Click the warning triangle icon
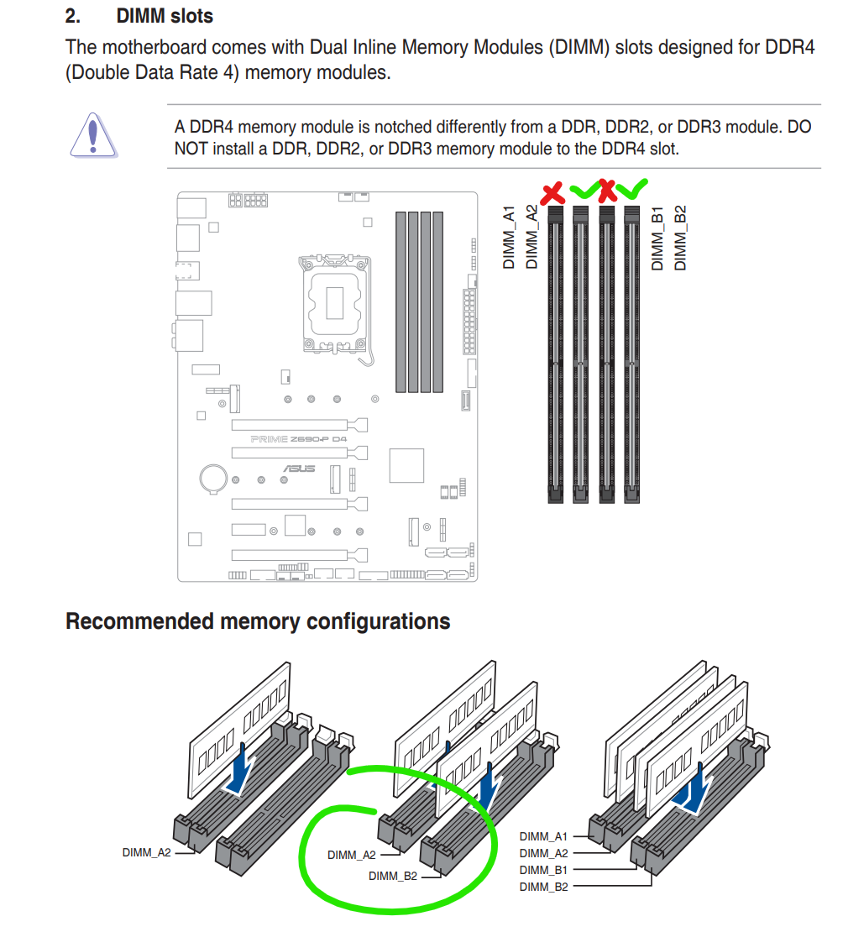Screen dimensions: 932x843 [93, 134]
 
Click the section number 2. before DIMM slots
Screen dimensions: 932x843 [74, 16]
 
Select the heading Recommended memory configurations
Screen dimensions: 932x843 [258, 622]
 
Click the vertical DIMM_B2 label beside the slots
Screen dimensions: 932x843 [680, 238]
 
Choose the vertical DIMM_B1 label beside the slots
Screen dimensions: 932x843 [657, 238]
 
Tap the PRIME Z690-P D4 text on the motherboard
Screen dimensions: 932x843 [299, 439]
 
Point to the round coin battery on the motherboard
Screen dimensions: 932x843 [212, 478]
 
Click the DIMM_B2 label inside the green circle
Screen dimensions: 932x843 [393, 877]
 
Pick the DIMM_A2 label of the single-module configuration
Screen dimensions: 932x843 [146, 852]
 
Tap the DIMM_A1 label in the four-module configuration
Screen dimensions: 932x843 [543, 836]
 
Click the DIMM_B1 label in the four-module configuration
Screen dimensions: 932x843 [543, 870]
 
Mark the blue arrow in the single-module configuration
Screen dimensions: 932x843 [238, 768]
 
